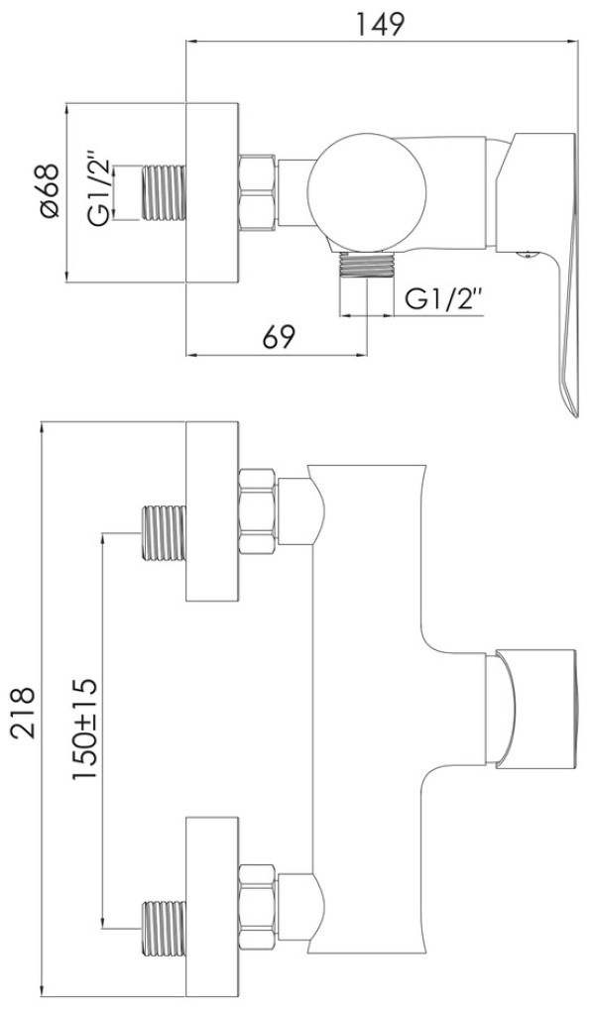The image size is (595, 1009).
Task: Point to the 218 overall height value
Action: [23, 711]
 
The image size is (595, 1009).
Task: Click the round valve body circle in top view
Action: [367, 191]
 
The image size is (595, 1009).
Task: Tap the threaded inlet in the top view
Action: [163, 191]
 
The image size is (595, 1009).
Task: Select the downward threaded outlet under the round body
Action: [367, 266]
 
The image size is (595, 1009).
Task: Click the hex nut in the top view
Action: [258, 191]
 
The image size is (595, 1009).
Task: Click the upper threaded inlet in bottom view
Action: [163, 533]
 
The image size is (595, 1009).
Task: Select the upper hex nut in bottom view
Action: [258, 511]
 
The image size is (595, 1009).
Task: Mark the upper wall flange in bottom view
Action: [212, 511]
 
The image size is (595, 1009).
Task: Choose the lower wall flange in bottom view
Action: [212, 907]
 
